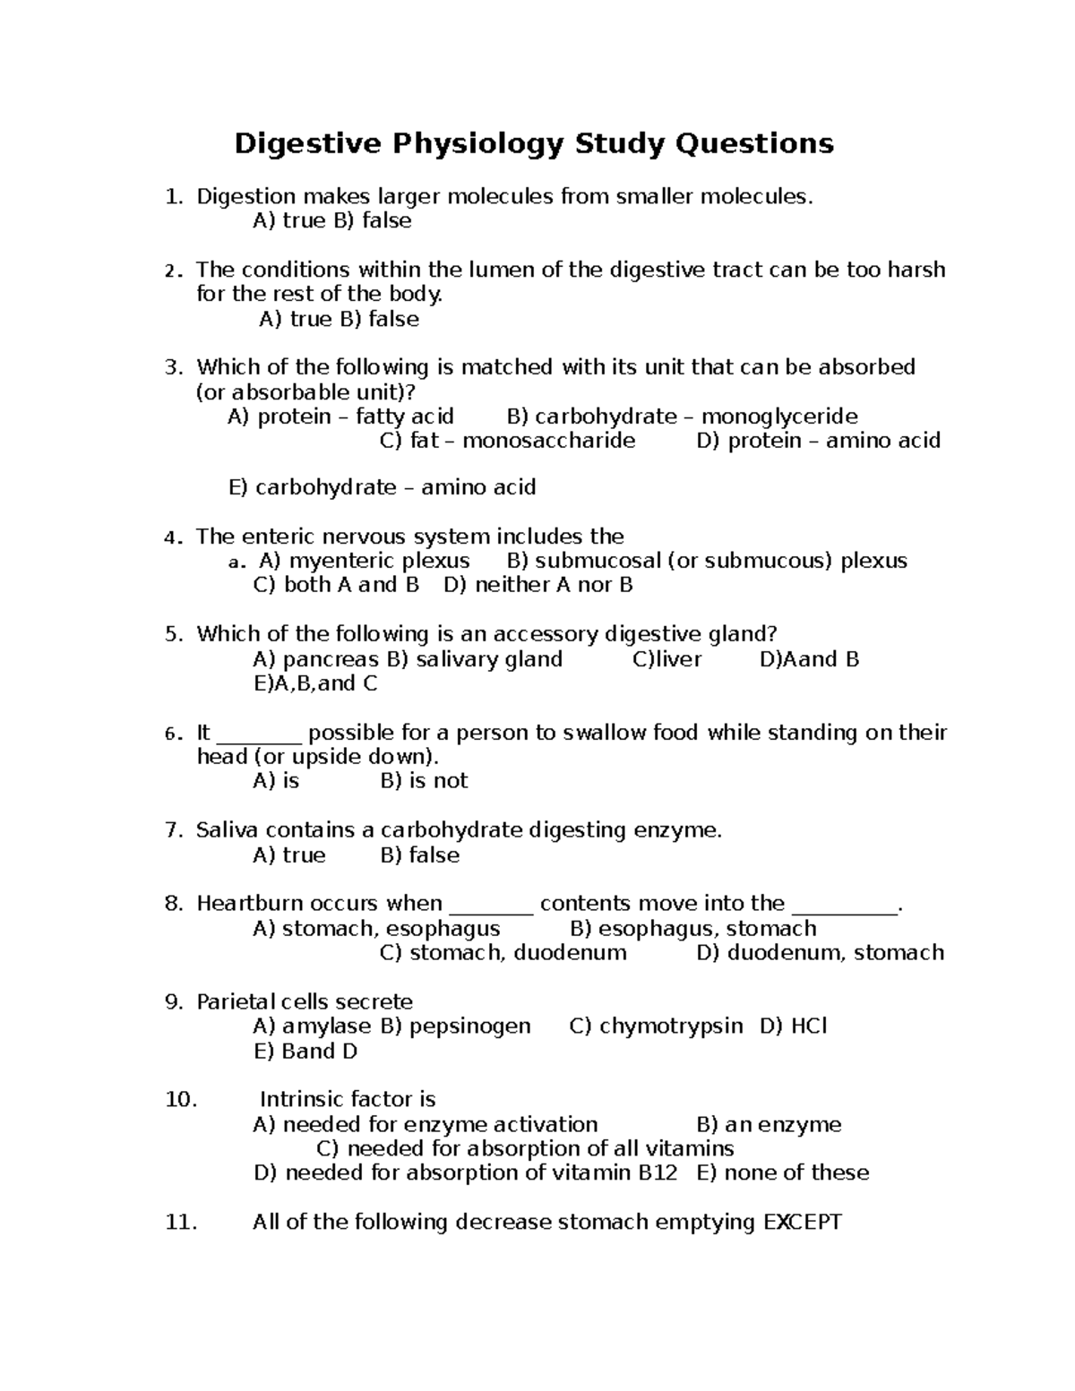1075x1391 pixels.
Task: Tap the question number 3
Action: tap(174, 367)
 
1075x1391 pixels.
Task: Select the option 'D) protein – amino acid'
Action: tap(818, 441)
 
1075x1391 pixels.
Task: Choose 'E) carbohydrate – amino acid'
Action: tap(383, 488)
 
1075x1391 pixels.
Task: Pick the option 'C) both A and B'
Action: tap(337, 586)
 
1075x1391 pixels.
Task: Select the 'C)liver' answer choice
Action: tap(667, 660)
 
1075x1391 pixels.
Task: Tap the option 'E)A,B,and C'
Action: tap(315, 684)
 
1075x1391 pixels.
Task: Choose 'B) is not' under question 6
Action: tap(424, 781)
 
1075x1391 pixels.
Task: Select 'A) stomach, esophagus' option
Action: tap(376, 929)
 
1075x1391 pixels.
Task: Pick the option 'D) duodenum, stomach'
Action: tap(820, 953)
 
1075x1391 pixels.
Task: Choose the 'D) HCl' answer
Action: tap(793, 1026)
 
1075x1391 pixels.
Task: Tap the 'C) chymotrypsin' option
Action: tap(656, 1026)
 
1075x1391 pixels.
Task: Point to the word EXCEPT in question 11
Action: tap(802, 1223)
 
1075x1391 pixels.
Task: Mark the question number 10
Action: tap(181, 1100)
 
